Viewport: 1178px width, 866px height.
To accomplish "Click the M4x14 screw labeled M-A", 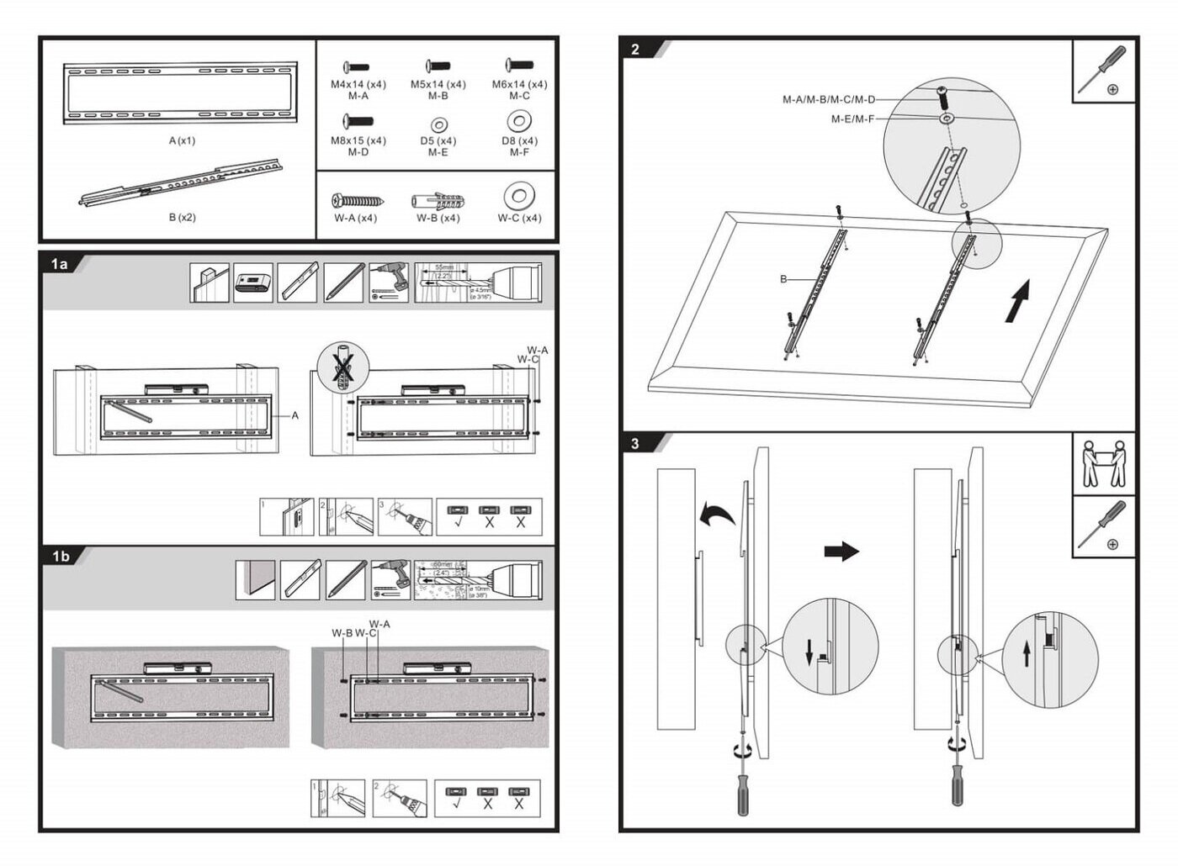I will pos(358,66).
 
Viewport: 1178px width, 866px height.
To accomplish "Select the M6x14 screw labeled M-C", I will pos(519,65).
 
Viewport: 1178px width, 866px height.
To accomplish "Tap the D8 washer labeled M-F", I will pos(519,121).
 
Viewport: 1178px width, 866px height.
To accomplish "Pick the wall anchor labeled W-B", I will pos(438,201).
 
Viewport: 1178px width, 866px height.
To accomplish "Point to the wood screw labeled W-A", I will pos(358,201).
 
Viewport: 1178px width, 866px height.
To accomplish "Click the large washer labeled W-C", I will pos(519,198).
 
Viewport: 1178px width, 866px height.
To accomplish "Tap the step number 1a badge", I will pos(60,264).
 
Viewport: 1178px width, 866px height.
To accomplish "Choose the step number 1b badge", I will pos(61,556).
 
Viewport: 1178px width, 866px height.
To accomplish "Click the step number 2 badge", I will pos(635,49).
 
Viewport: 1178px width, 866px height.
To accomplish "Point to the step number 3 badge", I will pos(635,443).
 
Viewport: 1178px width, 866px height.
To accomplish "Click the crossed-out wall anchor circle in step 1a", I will pos(342,367).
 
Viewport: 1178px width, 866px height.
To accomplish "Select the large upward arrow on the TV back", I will pos(1018,302).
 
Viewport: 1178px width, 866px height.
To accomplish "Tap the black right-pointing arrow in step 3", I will pos(841,551).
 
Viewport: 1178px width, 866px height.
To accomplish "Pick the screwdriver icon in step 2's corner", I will pos(1104,71).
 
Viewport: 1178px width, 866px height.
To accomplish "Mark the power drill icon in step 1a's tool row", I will pos(389,283).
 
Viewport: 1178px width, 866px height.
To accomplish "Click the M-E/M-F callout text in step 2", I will pos(852,119).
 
